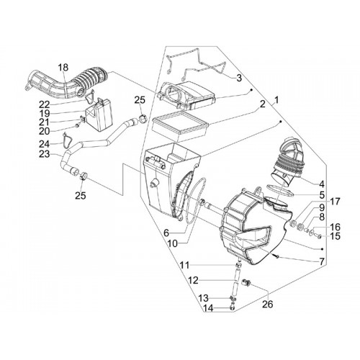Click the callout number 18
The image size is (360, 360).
coord(63,68)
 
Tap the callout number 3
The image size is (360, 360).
coord(239,78)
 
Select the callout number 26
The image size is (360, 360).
coord(268,305)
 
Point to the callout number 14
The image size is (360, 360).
coord(208,308)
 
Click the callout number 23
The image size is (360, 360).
coord(45,154)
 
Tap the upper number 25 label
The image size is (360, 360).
coord(140,99)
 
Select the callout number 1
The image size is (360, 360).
coord(276,99)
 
